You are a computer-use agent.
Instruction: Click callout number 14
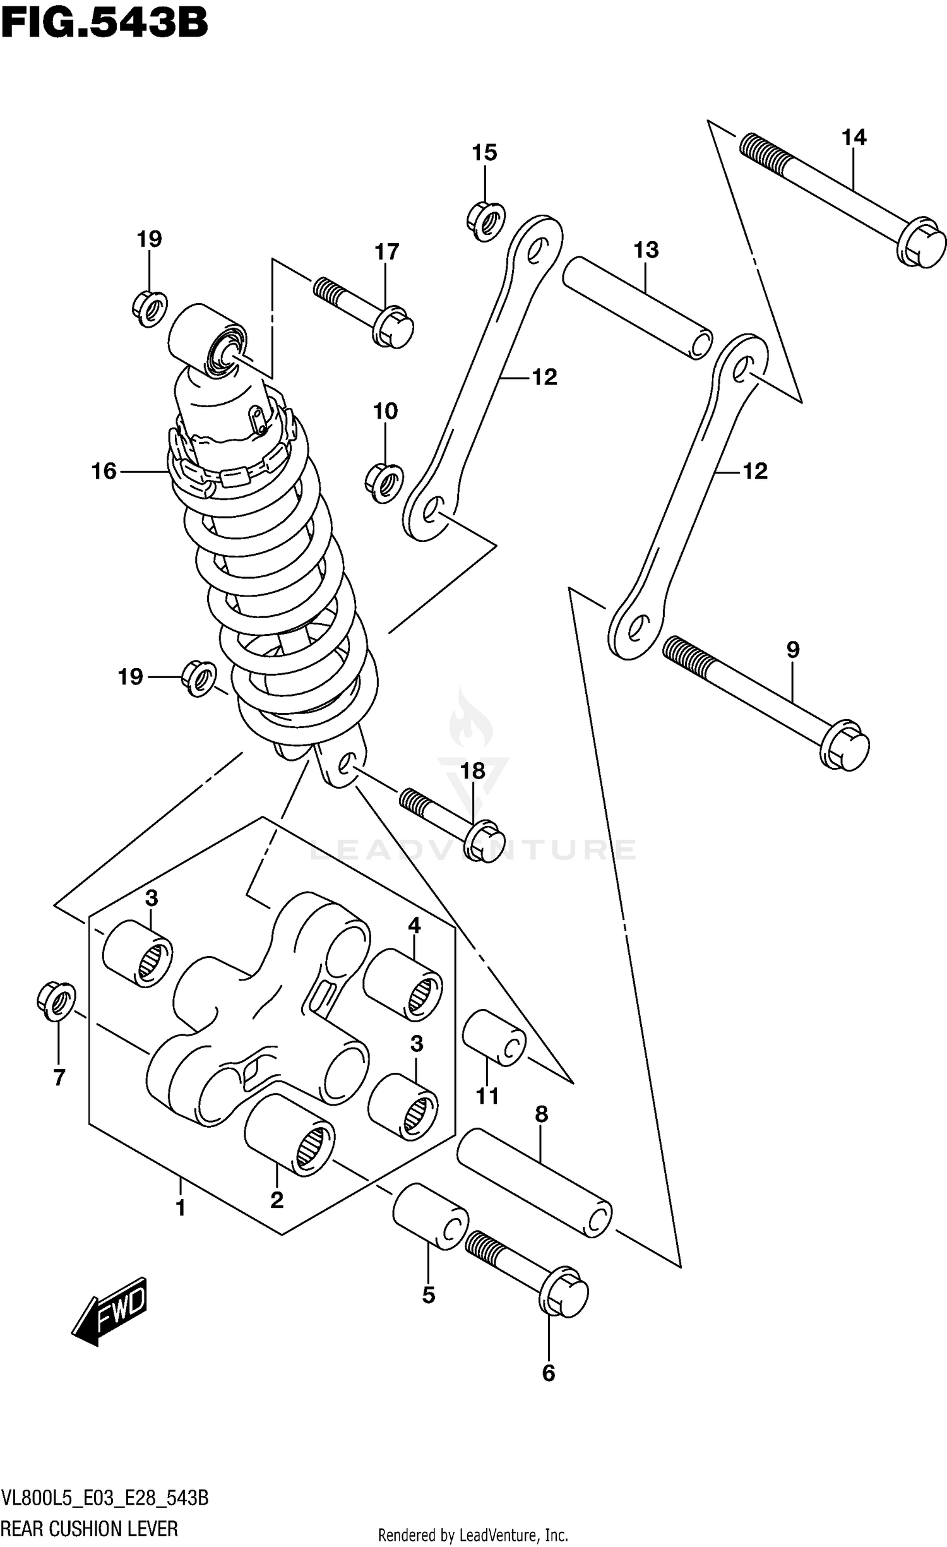(854, 137)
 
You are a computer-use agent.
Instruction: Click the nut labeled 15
(486, 220)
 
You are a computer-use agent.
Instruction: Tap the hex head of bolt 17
(393, 327)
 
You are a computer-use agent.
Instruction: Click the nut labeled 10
(384, 484)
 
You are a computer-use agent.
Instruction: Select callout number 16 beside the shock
(104, 471)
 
